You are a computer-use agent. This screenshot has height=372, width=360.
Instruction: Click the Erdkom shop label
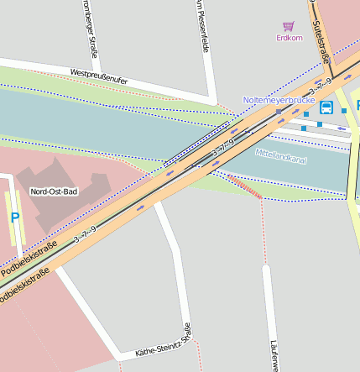coord(290,38)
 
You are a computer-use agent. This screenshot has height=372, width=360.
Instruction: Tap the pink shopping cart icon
coord(289,26)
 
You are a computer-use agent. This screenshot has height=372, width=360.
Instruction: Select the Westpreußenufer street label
coord(99,76)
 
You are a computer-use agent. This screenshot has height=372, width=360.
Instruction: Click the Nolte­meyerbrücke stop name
coord(279,99)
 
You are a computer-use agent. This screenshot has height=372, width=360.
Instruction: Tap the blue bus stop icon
coord(326,107)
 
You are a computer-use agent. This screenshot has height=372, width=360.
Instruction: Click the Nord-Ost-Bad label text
coord(54,191)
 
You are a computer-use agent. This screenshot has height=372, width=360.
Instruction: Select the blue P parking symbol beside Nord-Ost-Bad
coord(14,217)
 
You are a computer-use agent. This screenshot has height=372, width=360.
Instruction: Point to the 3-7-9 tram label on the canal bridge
coord(222,147)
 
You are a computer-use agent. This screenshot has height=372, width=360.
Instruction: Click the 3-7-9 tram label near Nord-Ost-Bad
coord(85,234)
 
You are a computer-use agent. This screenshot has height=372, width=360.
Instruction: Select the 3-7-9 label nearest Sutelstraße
coord(320,87)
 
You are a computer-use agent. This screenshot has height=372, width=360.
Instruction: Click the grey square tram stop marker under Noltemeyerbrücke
coord(279,111)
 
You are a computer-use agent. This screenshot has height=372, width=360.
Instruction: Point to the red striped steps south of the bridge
coord(245,187)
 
